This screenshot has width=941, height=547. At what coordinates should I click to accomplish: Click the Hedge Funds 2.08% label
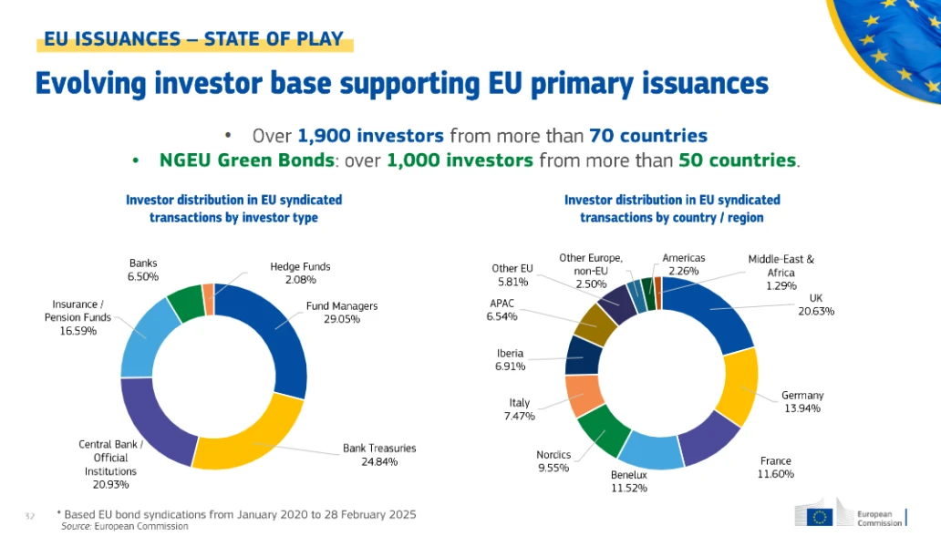pyautogui.click(x=300, y=273)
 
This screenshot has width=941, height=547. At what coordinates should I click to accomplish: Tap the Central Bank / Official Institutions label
pyautogui.click(x=110, y=464)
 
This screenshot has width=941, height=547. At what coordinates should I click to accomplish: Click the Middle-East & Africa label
pyautogui.click(x=781, y=272)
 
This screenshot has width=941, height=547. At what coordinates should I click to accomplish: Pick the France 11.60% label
pyautogui.click(x=776, y=468)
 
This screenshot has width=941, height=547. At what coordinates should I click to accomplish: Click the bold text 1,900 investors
pyautogui.click(x=371, y=136)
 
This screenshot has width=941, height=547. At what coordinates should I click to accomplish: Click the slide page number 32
pyautogui.click(x=29, y=516)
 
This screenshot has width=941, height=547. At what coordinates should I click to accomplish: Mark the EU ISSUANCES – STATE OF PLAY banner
pyautogui.click(x=194, y=39)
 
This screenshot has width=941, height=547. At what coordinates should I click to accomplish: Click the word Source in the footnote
pyautogui.click(x=74, y=526)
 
